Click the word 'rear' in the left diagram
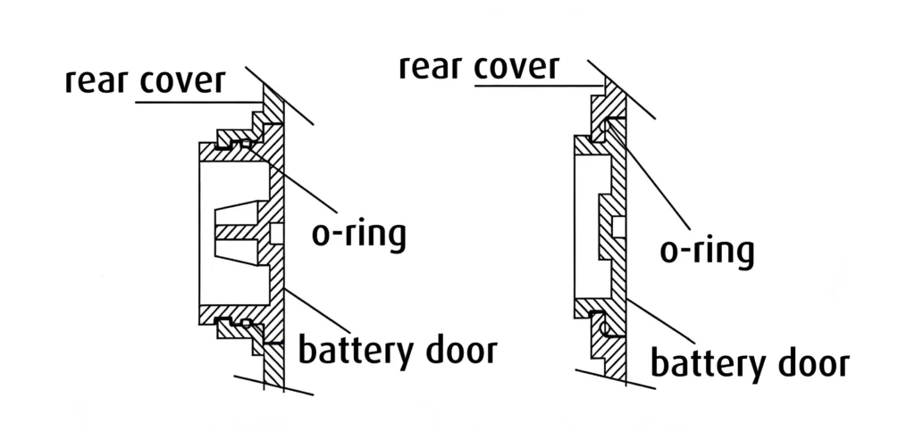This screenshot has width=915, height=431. [98, 81]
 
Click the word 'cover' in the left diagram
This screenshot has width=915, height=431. [182, 81]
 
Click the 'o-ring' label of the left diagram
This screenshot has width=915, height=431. [358, 234]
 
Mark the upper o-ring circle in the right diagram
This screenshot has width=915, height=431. [605, 128]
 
